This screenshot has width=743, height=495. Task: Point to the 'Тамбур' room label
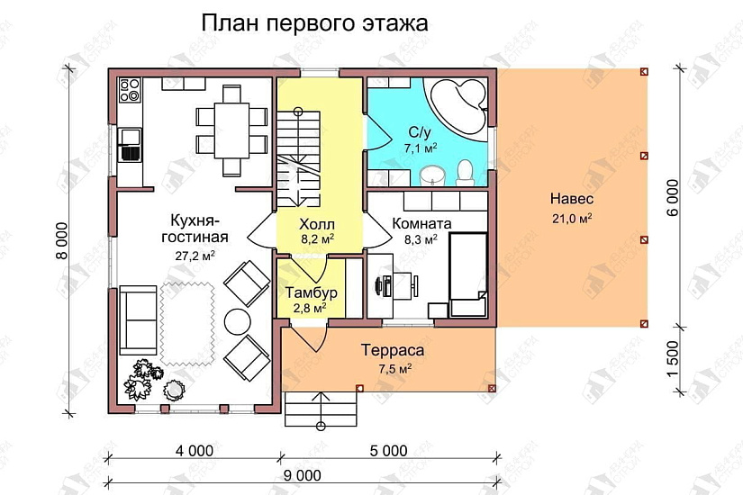tap(311, 293)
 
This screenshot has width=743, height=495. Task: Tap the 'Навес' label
tap(571, 200)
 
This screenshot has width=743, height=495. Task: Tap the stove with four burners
tap(130, 90)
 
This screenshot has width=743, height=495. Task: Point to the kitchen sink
tap(131, 143)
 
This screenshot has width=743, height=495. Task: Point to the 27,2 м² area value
tap(195, 256)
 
